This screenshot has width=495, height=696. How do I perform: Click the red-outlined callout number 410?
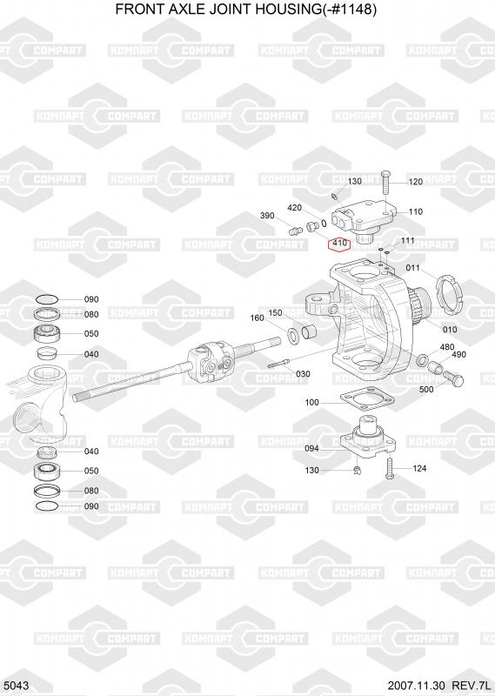point(339,244)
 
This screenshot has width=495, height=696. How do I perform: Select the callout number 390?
point(267,216)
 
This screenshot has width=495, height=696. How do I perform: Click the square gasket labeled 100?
point(368,399)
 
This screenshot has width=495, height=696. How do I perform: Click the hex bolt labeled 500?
point(453,378)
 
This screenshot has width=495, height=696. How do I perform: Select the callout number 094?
point(311,449)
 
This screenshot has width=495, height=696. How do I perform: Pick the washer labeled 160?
point(293,334)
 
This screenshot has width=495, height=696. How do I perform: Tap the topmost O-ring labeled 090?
point(46,299)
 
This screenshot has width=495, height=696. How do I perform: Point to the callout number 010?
point(450,330)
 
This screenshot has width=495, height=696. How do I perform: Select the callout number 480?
point(446,346)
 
